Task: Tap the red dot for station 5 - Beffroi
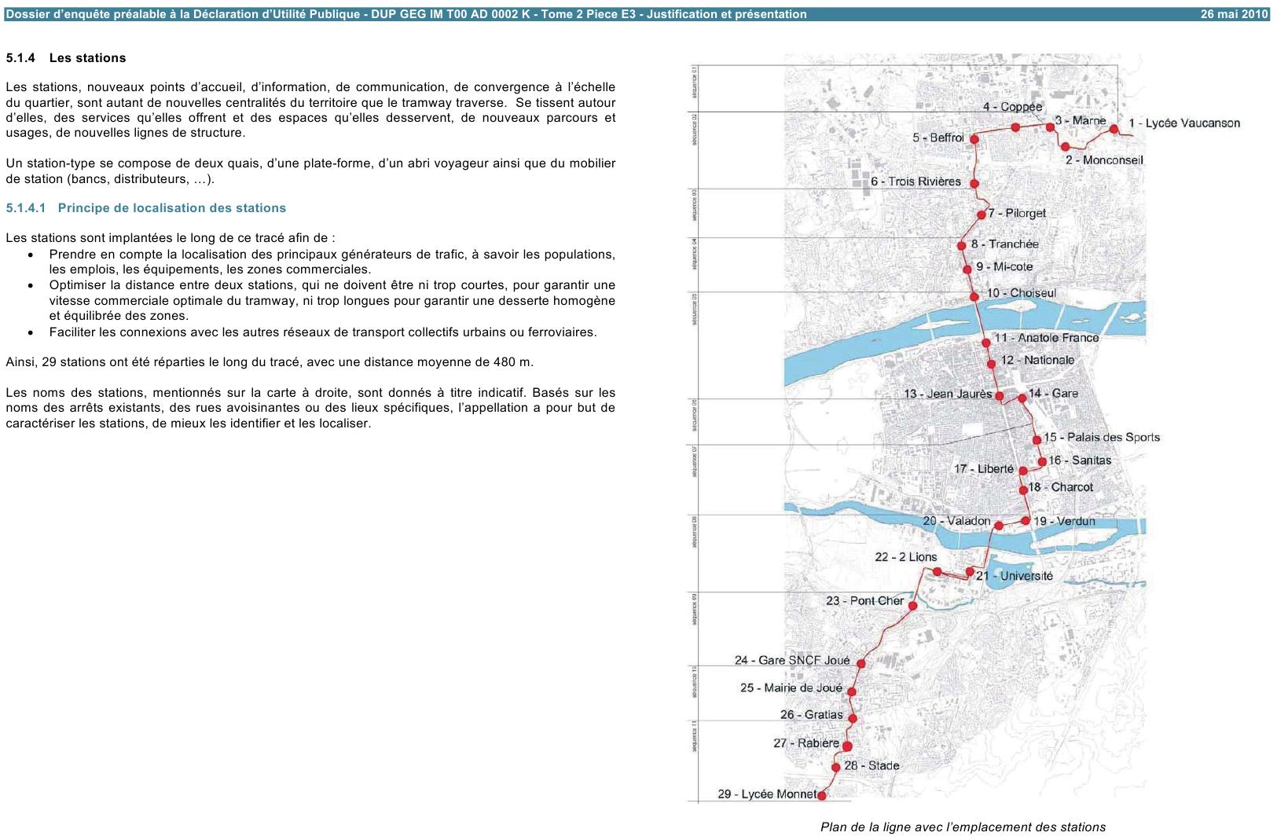pos(974,139)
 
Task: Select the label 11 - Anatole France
pos(1046,338)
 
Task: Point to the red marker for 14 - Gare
pos(1022,398)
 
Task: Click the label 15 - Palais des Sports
pos(1101,438)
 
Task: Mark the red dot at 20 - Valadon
pos(998,526)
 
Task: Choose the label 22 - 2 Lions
pos(905,557)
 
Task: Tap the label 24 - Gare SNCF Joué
pos(792,661)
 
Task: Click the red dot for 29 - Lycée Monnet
pos(822,796)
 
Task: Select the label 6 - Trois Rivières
pos(915,181)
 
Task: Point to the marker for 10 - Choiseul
pos(974,297)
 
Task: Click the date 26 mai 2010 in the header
pos(1234,14)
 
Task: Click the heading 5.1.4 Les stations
pos(66,58)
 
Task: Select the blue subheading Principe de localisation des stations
pos(171,208)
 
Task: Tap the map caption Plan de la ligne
pos(963,827)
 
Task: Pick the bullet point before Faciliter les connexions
pos(30,333)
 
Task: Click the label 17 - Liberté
pos(984,469)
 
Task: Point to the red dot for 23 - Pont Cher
pos(913,606)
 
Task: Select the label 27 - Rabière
pos(806,743)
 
